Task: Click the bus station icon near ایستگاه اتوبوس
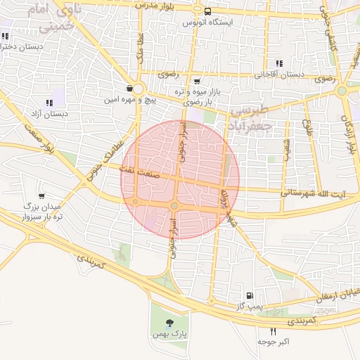pos(207,11)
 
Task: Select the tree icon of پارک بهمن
pos(169,323)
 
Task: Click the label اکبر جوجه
pos(274,342)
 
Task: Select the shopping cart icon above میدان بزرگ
pos(42,195)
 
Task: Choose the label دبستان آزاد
pos(49,113)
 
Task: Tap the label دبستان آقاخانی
pos(280,74)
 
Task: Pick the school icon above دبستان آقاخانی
pos(280,63)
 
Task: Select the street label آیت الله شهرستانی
pos(313,191)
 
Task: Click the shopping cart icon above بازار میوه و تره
pos(196,82)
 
